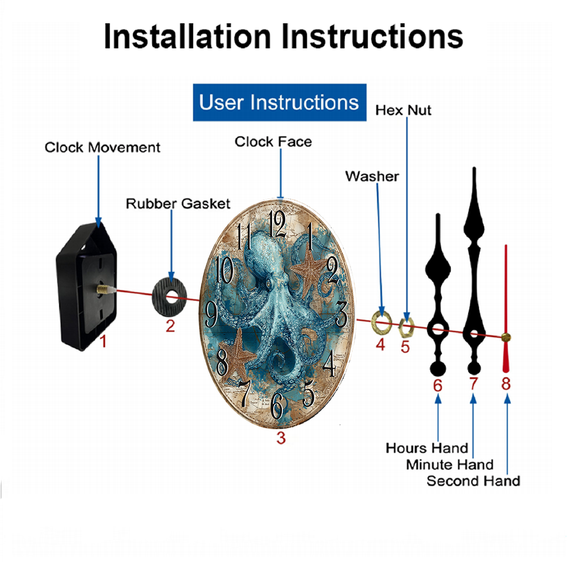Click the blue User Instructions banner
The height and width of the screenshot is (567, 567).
280,102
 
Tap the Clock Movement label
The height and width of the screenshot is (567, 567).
102,147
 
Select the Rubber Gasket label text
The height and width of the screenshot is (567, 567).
178,204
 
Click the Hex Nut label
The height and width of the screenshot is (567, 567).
403,110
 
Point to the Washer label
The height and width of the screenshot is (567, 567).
372,176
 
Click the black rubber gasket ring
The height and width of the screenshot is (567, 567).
169,297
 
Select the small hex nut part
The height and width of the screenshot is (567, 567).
406,327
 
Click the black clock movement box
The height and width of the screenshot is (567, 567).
86,286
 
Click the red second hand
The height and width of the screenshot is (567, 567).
506,308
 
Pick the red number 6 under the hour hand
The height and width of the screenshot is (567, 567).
438,386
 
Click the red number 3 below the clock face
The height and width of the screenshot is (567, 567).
281,438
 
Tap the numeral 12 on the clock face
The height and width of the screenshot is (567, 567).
277,223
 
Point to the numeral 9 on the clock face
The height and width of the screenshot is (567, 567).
211,314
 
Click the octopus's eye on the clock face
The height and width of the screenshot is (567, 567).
268,284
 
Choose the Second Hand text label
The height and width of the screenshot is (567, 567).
473,481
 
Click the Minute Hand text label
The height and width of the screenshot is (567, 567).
450,465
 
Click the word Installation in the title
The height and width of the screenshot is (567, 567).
187,36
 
